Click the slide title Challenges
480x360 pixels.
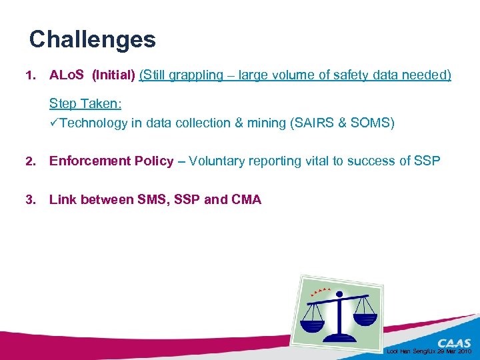coord(92,39)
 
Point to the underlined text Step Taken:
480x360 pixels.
coord(85,105)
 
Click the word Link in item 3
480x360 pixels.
coord(63,199)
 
